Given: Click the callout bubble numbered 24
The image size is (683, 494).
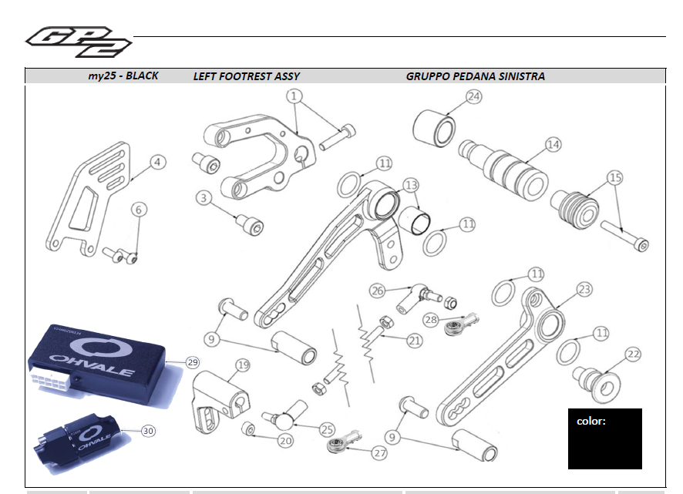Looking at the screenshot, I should [473, 97].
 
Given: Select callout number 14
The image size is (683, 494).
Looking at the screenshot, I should [552, 144].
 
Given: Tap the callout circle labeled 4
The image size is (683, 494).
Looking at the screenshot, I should [157, 163].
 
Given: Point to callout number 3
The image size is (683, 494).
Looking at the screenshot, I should [204, 198].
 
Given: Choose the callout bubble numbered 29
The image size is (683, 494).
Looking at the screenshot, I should [192, 361].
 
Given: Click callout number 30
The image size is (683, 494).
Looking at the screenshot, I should [148, 431].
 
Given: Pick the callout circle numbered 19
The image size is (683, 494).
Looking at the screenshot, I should [243, 365].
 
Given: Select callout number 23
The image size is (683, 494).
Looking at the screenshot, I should [584, 289].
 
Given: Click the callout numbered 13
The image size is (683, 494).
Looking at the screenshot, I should [411, 185].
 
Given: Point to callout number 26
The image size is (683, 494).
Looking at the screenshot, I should [377, 291].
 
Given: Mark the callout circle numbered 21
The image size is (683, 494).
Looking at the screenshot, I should [415, 340].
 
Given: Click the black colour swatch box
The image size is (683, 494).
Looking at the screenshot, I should [604, 439].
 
